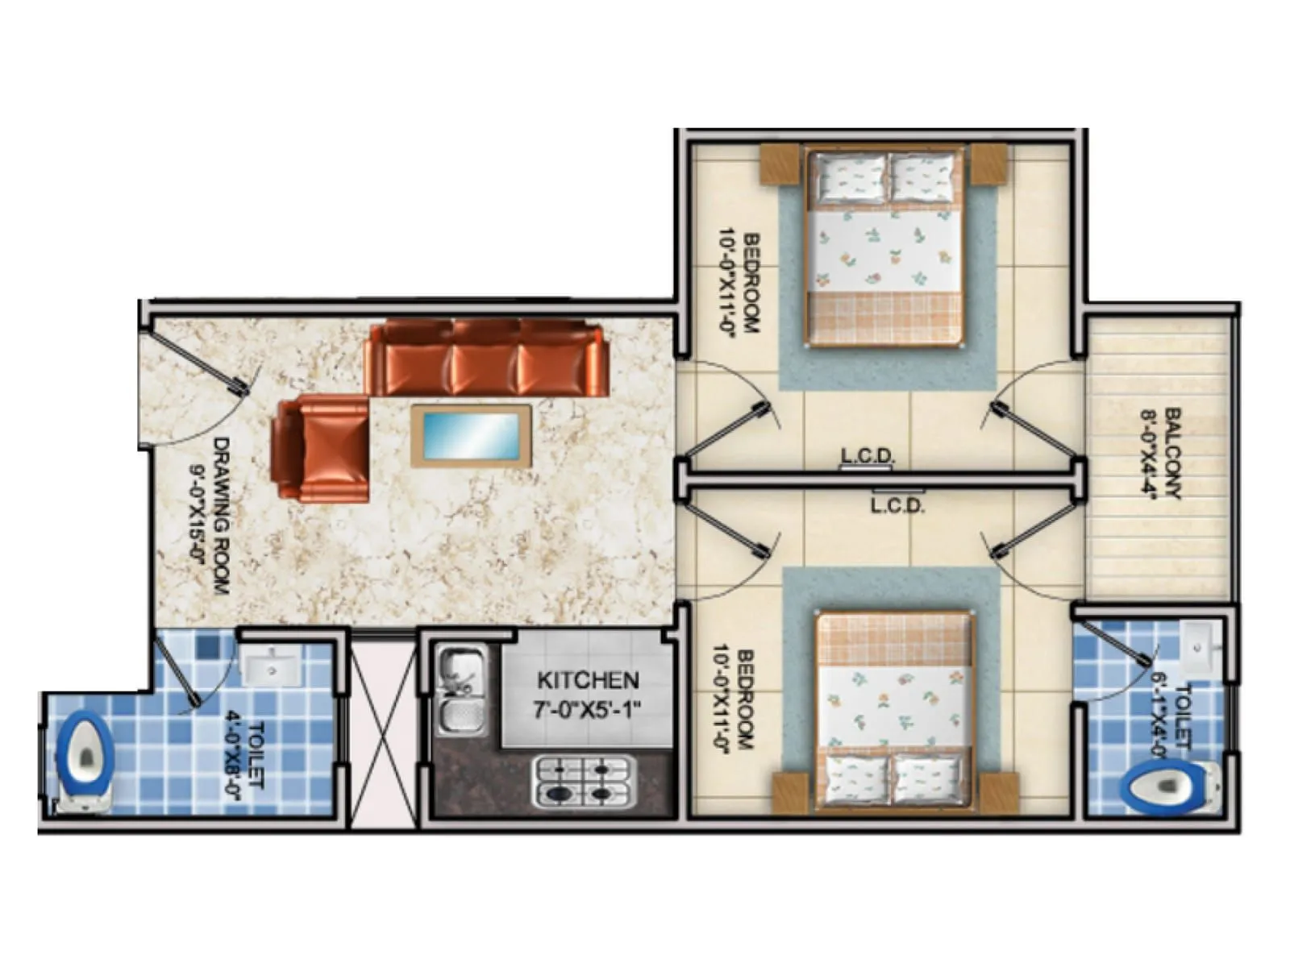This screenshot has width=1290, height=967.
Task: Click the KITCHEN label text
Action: click(588, 681)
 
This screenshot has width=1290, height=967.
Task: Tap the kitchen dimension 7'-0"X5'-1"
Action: click(588, 711)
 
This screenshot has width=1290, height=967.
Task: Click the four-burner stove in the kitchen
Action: click(584, 781)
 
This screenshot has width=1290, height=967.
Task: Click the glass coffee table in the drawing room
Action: click(472, 435)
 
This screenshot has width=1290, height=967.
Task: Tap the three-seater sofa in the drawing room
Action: click(486, 358)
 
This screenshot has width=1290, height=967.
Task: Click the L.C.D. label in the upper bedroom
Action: click(867, 456)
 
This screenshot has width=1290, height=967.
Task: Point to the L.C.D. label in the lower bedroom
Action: click(897, 506)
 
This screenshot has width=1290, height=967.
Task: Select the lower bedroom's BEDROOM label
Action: click(746, 699)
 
